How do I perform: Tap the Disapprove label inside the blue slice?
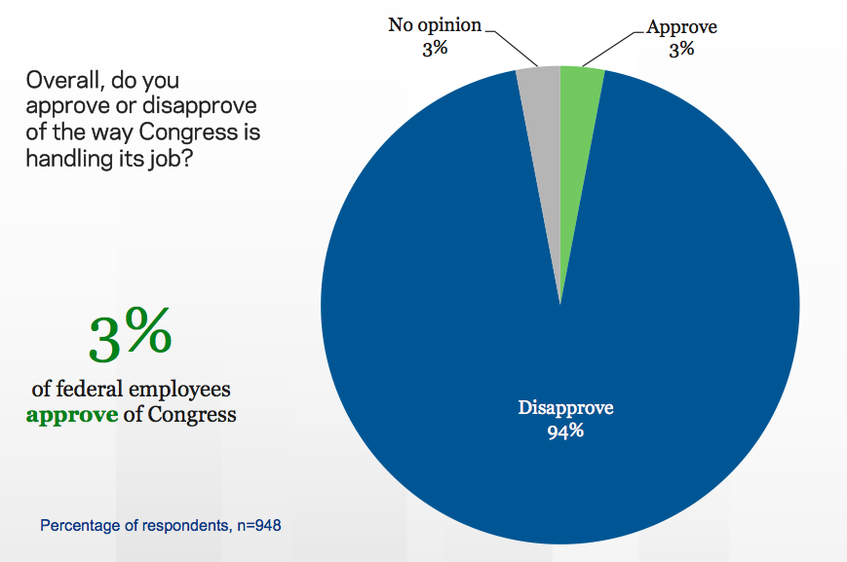(x=565, y=407)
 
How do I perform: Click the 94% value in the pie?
(x=565, y=431)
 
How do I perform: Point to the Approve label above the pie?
(x=682, y=27)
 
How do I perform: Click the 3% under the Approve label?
(x=681, y=49)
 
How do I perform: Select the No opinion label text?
(x=435, y=25)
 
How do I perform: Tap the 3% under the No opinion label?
(x=435, y=48)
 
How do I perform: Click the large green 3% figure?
(x=131, y=335)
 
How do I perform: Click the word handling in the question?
(x=64, y=156)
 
